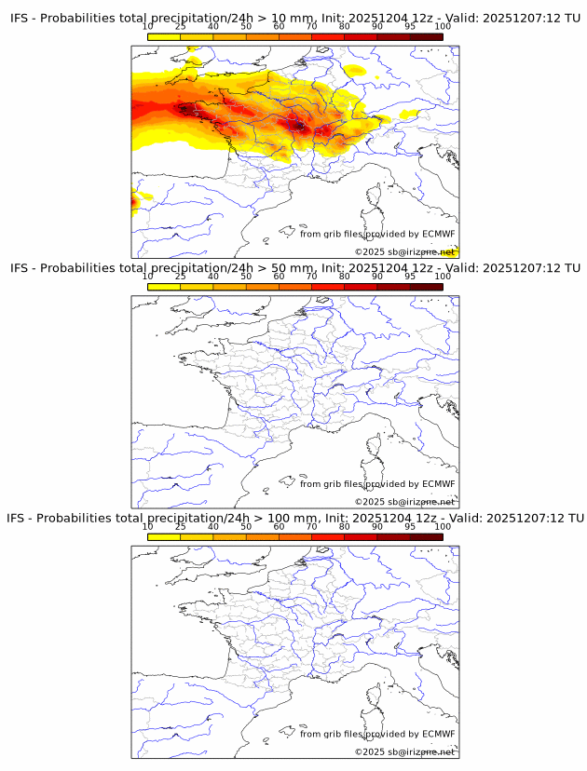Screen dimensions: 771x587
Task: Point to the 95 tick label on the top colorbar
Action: click(x=410, y=27)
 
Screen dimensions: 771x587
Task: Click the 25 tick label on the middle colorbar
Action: click(x=181, y=277)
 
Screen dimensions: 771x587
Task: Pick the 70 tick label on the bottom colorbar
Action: click(x=311, y=526)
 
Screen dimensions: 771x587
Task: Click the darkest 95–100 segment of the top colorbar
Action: click(x=426, y=37)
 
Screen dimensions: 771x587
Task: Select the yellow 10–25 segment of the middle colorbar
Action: click(x=164, y=287)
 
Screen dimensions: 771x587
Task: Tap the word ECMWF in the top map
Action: click(x=438, y=234)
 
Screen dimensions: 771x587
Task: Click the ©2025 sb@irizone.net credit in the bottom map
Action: click(x=404, y=751)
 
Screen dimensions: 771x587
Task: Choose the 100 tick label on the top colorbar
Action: click(x=443, y=27)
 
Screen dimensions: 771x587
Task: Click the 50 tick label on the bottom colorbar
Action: click(x=246, y=526)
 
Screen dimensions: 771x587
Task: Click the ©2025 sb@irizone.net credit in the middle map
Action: click(x=404, y=502)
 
